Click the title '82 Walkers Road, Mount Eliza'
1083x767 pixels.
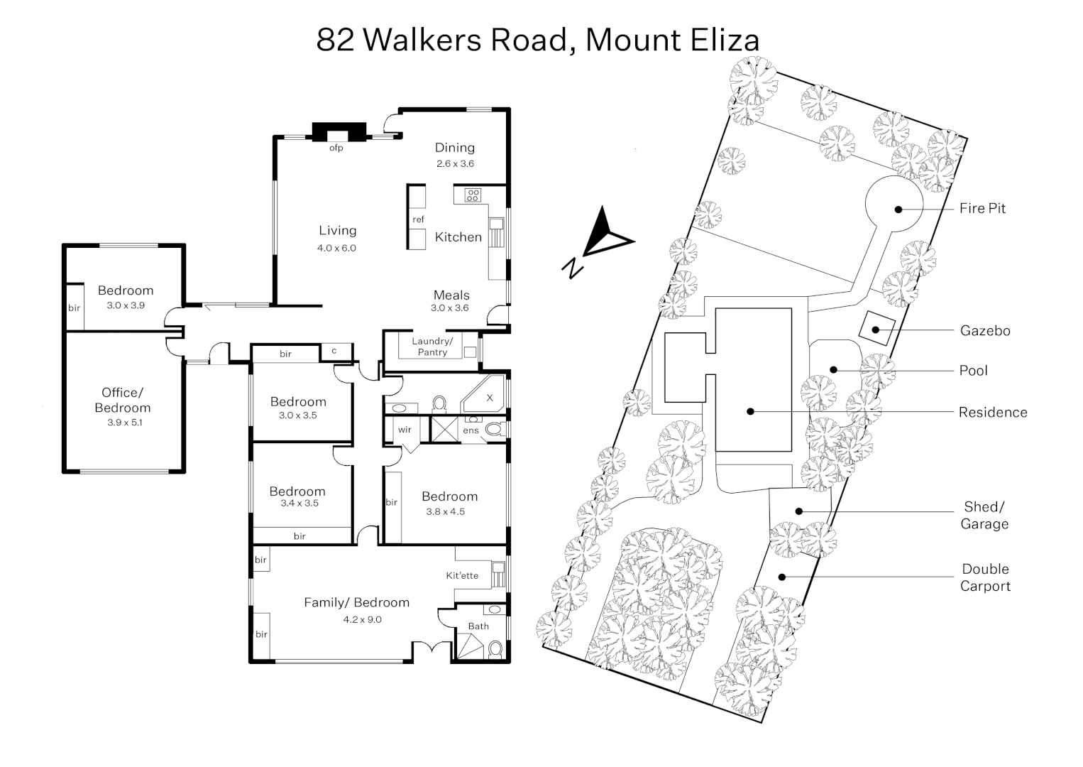click(537, 40)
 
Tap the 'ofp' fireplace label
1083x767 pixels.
click(336, 148)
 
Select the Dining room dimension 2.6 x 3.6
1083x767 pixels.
click(455, 164)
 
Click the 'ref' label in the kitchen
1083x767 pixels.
click(418, 219)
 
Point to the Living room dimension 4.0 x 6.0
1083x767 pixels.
click(337, 249)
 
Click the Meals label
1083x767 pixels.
click(451, 295)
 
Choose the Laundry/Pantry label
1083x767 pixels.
click(432, 347)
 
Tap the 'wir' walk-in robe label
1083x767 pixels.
click(405, 430)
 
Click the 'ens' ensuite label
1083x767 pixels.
click(471, 430)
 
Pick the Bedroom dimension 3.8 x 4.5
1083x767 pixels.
click(446, 512)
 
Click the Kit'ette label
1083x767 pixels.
click(462, 575)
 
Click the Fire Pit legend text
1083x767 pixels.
click(982, 208)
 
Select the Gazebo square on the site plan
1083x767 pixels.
click(876, 329)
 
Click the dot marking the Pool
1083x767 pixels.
click(834, 369)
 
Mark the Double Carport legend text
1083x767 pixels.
click(985, 577)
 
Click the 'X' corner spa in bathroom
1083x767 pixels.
click(489, 398)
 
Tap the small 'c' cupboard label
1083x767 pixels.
click(334, 351)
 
